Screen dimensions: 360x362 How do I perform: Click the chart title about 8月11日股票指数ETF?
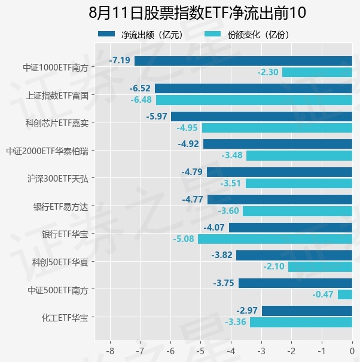click(x=197, y=13)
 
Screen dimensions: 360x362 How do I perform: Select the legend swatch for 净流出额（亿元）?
click(x=106, y=34)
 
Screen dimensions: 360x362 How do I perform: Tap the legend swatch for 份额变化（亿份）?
click(x=213, y=34)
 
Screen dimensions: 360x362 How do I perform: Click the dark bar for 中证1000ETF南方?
click(x=243, y=61)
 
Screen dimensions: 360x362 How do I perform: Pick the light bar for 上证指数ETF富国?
click(x=254, y=100)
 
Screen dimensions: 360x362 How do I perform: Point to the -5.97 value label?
click(x=157, y=116)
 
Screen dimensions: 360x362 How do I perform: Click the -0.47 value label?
click(x=323, y=294)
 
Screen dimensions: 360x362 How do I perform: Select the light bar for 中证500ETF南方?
click(x=345, y=294)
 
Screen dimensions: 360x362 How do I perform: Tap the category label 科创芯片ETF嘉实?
click(x=57, y=123)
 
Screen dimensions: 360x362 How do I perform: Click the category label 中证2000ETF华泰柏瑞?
click(x=47, y=151)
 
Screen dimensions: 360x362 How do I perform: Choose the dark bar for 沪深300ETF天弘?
click(x=279, y=172)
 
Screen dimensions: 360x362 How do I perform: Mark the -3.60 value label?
click(x=228, y=211)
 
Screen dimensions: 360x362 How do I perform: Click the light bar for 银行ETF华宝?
click(x=275, y=239)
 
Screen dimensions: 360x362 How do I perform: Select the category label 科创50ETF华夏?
click(x=60, y=262)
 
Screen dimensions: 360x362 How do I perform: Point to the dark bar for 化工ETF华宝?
click(x=307, y=311)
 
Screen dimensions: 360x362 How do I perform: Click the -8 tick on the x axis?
click(x=110, y=351)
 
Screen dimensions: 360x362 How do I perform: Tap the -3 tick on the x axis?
click(x=261, y=351)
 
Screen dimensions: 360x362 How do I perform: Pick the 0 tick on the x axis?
click(x=352, y=351)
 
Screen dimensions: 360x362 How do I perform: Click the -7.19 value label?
click(x=120, y=60)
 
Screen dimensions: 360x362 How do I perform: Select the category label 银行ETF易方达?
click(x=61, y=207)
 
